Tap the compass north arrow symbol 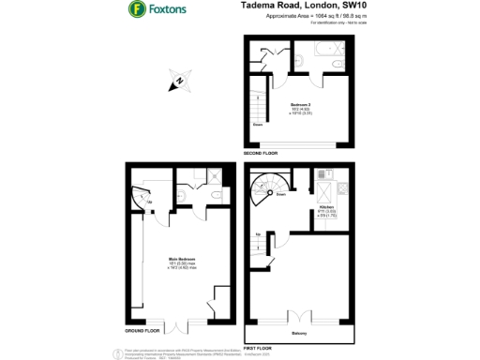point(176,82)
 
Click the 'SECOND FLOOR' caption point(260,152)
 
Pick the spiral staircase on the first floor point(268,193)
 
